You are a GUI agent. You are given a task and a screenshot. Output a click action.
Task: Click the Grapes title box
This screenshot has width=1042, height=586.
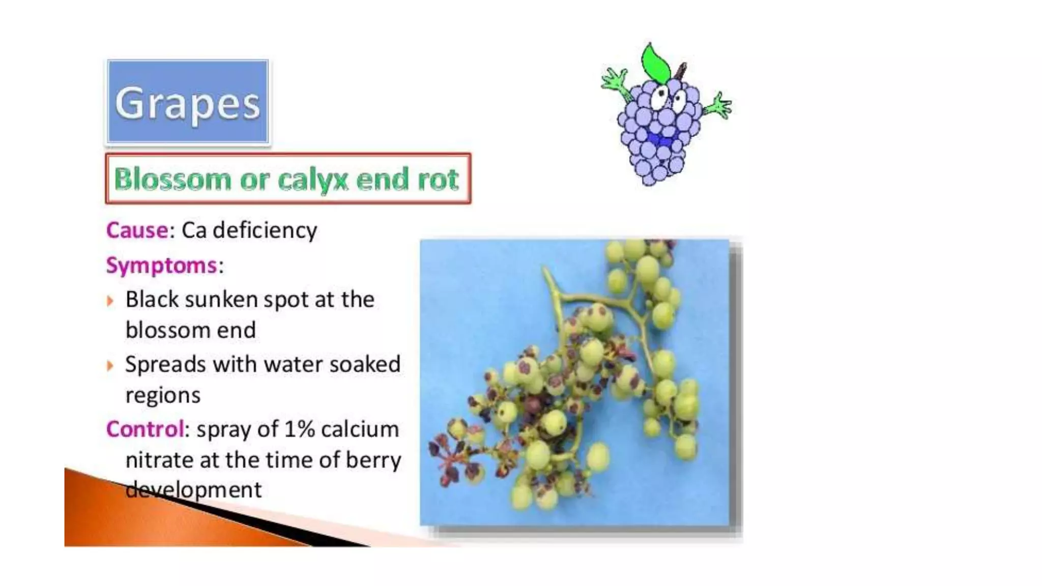tap(188, 102)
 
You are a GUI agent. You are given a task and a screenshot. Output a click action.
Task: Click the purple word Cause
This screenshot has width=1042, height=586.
tap(137, 230)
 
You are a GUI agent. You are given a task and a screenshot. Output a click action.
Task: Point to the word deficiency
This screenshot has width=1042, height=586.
tap(265, 230)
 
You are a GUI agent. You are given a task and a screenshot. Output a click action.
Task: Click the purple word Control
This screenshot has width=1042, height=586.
tap(144, 429)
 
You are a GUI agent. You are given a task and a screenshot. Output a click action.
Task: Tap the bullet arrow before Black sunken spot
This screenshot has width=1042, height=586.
tap(110, 301)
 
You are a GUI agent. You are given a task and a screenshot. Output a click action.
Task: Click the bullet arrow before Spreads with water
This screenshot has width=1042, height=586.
tap(110, 366)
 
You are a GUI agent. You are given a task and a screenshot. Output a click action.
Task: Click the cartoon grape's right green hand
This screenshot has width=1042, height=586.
tap(719, 105)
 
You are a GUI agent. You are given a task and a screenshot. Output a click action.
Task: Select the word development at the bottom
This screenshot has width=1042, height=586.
tap(193, 490)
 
